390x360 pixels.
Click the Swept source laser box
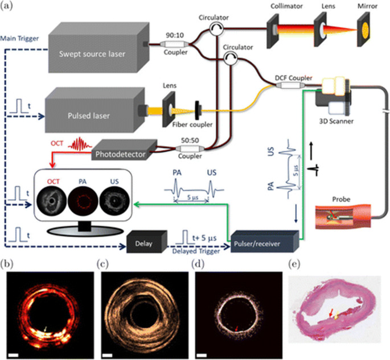98,48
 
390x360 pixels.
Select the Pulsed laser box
95,110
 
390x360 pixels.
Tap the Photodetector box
124,150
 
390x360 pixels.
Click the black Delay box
147,242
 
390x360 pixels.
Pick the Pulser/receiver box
265,242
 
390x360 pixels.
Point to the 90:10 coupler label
175,35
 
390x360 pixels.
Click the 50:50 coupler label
190,140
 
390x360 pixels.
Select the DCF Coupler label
293,78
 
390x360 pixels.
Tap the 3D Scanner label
336,121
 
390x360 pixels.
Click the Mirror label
367,6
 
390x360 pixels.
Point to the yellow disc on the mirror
365,30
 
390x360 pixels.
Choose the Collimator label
286,6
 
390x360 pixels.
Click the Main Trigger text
20,39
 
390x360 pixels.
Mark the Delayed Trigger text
196,251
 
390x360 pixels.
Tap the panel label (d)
198,264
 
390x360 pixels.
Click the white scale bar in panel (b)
14,355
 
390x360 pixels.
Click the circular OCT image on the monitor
52,201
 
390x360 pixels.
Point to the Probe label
341,199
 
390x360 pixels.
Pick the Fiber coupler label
192,125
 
